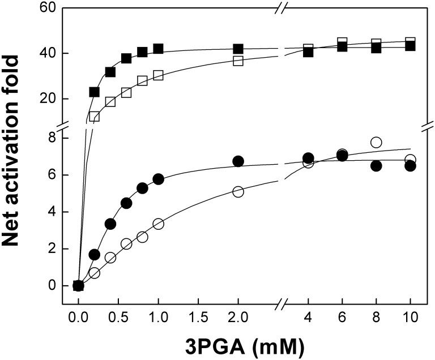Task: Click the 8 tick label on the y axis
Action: tap(51, 138)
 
